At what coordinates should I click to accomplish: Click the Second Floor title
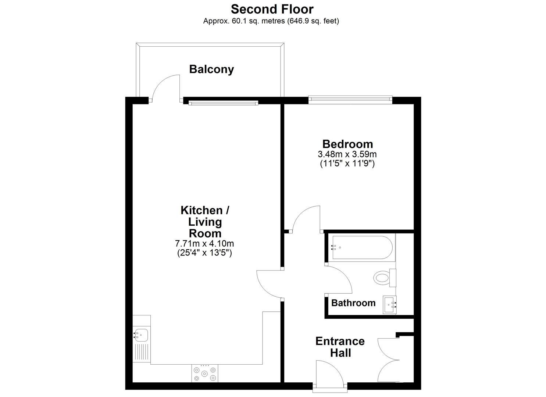(x=272, y=9)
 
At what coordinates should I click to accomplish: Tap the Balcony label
(x=211, y=69)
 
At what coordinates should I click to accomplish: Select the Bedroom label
(x=347, y=144)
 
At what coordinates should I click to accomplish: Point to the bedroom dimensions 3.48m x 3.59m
(x=347, y=154)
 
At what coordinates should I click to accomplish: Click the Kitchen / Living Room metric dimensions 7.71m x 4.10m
(x=204, y=243)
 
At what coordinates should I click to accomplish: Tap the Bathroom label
(x=353, y=303)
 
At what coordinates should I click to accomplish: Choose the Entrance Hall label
(x=340, y=347)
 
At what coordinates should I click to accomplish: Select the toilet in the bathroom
(x=385, y=278)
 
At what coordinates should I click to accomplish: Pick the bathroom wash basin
(x=389, y=305)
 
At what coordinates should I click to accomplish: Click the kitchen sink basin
(x=141, y=335)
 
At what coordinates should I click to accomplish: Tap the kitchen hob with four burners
(x=204, y=373)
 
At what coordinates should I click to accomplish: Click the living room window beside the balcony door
(x=223, y=103)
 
